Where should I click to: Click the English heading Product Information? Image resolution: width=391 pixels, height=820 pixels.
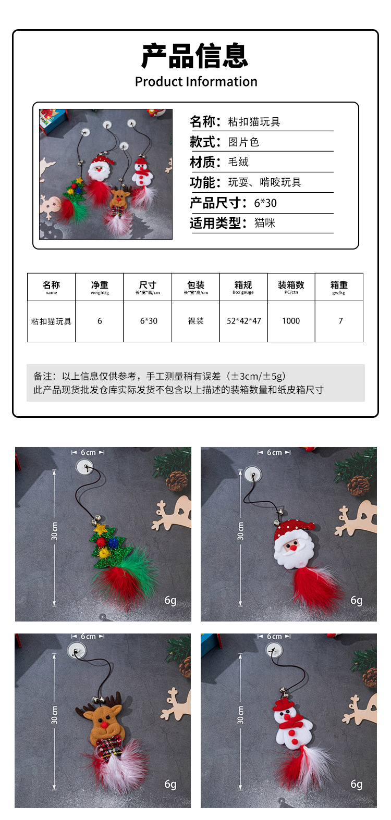pos(196,82)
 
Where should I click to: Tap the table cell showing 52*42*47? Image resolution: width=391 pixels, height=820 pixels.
pos(243,321)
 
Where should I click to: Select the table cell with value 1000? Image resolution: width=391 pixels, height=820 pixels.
pos(291,321)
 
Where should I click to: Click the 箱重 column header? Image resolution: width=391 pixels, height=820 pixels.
pos(339,287)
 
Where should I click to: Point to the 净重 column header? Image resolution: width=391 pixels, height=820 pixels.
pos(100,287)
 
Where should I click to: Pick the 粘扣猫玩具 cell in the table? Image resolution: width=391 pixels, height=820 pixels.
pos(51,321)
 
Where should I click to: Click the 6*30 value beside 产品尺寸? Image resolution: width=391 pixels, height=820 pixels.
pos(265,203)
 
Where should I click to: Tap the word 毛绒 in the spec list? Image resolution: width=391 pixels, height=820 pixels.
pos(238,162)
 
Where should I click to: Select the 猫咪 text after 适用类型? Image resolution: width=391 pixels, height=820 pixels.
pos(264,223)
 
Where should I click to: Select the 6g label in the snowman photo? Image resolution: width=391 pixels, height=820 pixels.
pos(356,784)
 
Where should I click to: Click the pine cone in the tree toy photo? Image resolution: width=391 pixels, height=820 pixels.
pos(177,480)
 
